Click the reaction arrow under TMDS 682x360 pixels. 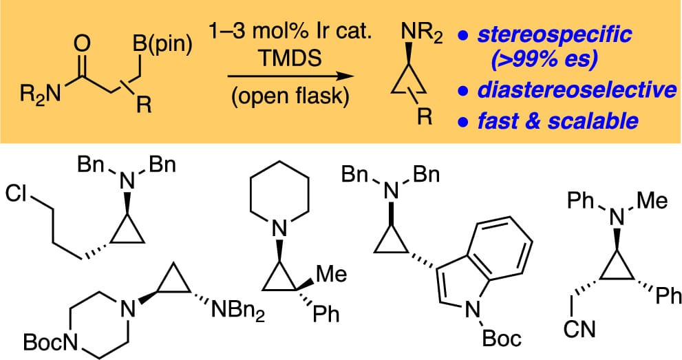point(291,76)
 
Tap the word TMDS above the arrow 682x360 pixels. point(290,59)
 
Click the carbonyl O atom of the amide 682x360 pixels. point(82,44)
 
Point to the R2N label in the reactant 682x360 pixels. point(41,94)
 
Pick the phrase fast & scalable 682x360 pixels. point(558,120)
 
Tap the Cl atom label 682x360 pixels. point(16,193)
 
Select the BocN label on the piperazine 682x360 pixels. point(50,342)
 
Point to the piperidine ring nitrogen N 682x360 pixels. point(279,227)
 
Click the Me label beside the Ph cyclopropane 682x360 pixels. point(332,275)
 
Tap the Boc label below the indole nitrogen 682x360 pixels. point(502,338)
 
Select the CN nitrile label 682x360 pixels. point(579,329)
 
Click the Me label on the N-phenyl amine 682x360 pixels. point(652,200)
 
